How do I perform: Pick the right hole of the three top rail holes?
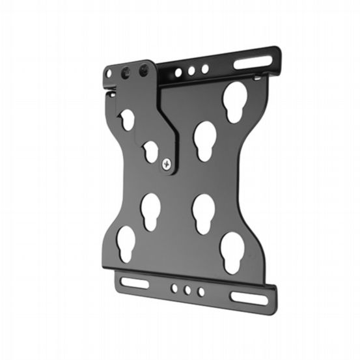click(204, 68)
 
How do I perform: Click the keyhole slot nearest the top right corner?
click(233, 101)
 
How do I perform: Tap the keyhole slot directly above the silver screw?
click(151, 150)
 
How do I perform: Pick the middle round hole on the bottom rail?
click(187, 290)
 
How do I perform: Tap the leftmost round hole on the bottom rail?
click(174, 288)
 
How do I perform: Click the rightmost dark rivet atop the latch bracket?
click(143, 72)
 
